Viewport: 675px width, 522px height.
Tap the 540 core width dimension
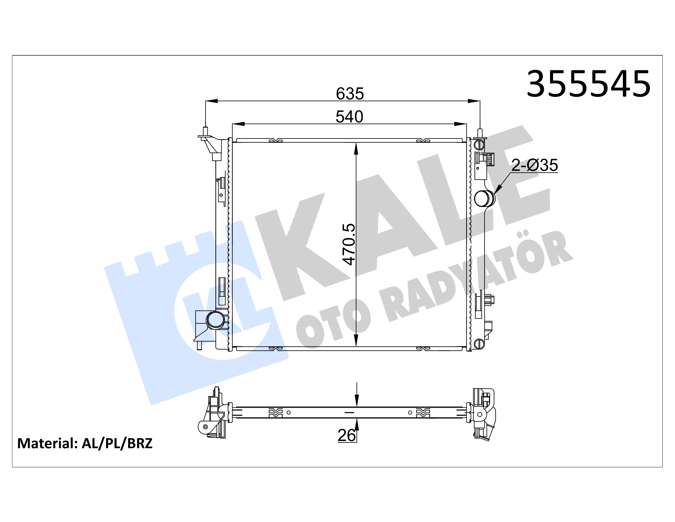pos(349,117)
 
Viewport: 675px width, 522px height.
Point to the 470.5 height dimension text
pos(349,244)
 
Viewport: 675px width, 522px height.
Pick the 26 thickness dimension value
pos(346,435)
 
